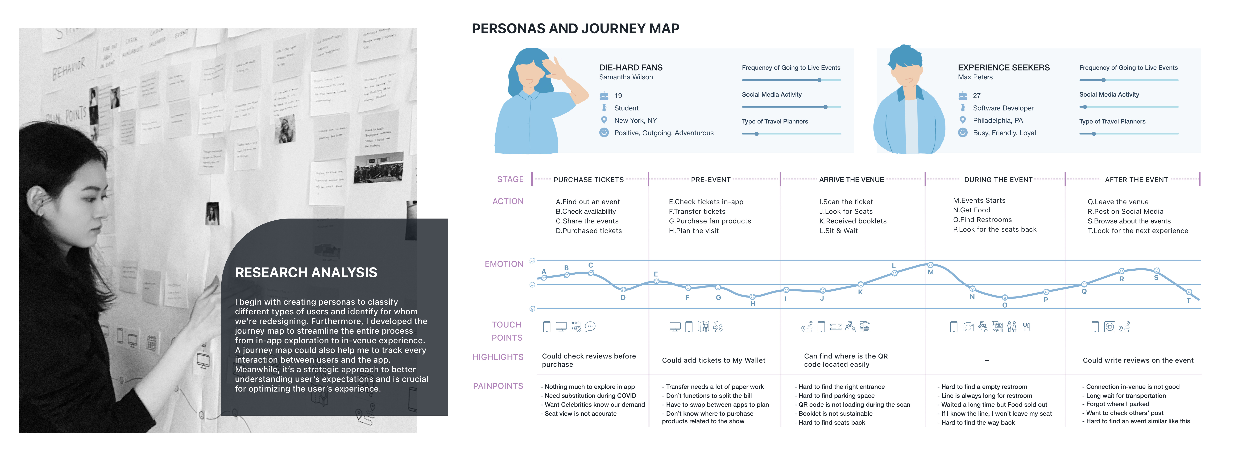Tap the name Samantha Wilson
tap(626, 77)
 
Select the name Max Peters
tap(975, 77)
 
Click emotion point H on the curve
tap(752, 297)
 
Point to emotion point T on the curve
tap(1189, 292)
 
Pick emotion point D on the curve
tap(623, 289)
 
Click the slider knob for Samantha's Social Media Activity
tap(825, 107)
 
